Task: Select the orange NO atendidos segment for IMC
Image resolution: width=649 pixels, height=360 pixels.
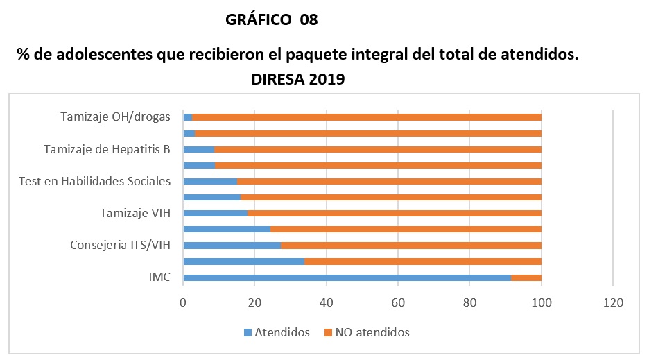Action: pyautogui.click(x=526, y=277)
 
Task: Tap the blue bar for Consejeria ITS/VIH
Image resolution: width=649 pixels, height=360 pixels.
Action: pyautogui.click(x=232, y=245)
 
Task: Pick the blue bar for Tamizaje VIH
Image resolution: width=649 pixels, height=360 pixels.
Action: pyautogui.click(x=216, y=213)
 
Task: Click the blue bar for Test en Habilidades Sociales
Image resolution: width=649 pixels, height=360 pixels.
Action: pyautogui.click(x=210, y=181)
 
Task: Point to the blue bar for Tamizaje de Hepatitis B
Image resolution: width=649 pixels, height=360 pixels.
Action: pyautogui.click(x=199, y=149)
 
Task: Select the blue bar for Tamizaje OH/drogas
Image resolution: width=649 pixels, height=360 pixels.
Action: pyautogui.click(x=188, y=117)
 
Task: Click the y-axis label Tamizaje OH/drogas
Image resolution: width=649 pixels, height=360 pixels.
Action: pyautogui.click(x=115, y=117)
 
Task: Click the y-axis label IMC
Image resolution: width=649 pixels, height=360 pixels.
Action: pyautogui.click(x=159, y=277)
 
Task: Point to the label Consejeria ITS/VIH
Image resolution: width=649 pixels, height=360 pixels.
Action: pyautogui.click(x=120, y=245)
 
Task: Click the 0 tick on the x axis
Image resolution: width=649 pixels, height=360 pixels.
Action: pyautogui.click(x=183, y=302)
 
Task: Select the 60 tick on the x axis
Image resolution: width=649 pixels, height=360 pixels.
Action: pyautogui.click(x=398, y=302)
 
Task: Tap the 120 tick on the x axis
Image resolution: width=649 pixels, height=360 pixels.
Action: pyautogui.click(x=613, y=302)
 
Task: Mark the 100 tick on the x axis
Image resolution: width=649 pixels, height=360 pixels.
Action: pyautogui.click(x=541, y=302)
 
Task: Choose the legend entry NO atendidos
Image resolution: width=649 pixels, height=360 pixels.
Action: pyautogui.click(x=367, y=332)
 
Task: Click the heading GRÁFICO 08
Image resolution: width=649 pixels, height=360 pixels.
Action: pyautogui.click(x=272, y=20)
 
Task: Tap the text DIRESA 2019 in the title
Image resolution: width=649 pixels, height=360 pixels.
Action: pyautogui.click(x=298, y=80)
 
